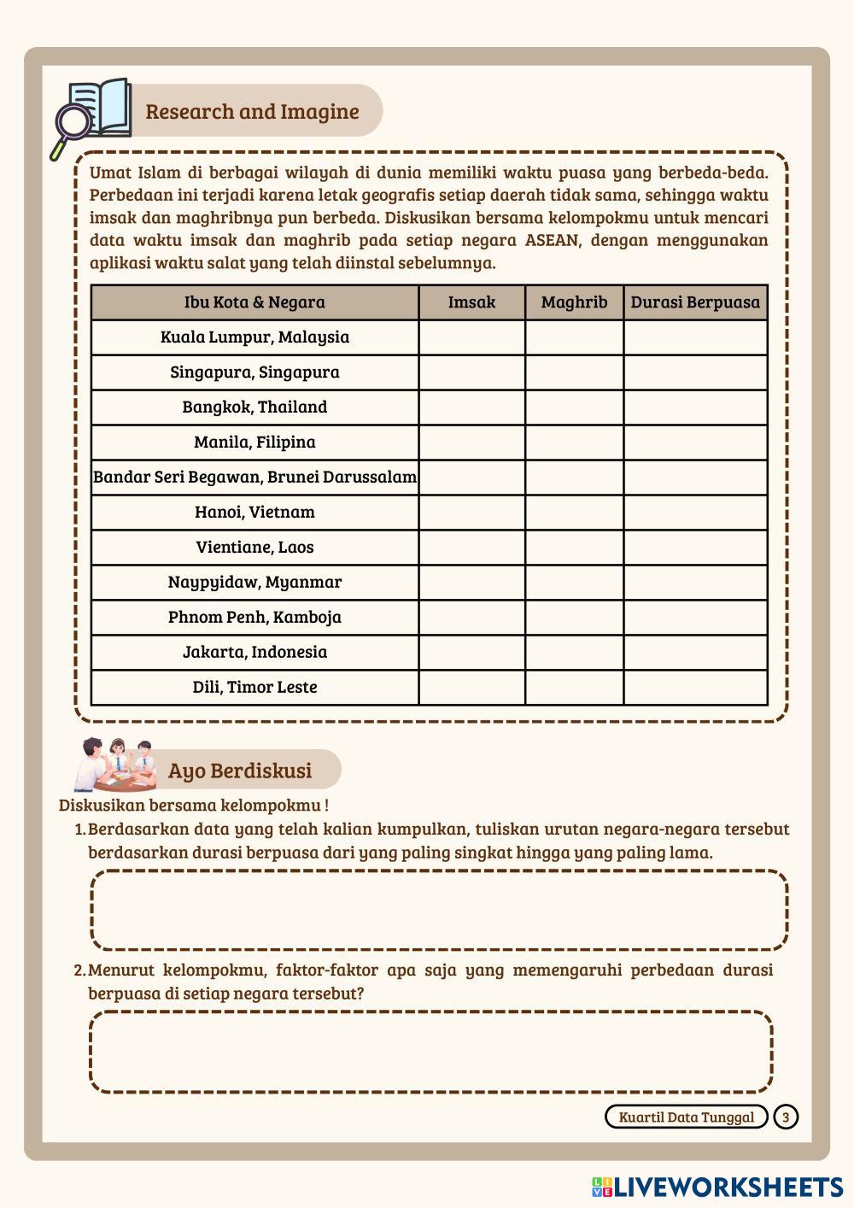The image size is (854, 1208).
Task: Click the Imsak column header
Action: [471, 302]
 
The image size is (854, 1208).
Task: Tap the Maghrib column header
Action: [574, 302]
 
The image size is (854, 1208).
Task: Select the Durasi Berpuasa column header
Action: [695, 302]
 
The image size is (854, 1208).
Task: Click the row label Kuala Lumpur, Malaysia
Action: [254, 337]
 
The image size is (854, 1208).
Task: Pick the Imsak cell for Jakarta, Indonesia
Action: [471, 653]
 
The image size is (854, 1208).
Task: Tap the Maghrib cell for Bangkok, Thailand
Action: [574, 408]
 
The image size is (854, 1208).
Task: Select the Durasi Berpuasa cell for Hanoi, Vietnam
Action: [695, 513]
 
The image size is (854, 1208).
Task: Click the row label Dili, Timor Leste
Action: [254, 688]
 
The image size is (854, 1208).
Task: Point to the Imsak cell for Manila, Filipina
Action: [471, 443]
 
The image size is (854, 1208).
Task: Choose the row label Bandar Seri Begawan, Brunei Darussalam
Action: [254, 478]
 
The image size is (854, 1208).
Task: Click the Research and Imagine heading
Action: [252, 112]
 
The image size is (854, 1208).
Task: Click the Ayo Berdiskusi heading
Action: [240, 771]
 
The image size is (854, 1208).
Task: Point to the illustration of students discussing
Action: [115, 764]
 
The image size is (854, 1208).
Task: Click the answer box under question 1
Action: [439, 910]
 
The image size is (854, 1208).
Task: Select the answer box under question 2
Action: [431, 1052]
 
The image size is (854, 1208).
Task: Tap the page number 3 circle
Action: [786, 1117]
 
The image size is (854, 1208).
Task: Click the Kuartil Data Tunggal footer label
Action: [687, 1117]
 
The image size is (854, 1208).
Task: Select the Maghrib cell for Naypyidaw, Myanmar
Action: [574, 583]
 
